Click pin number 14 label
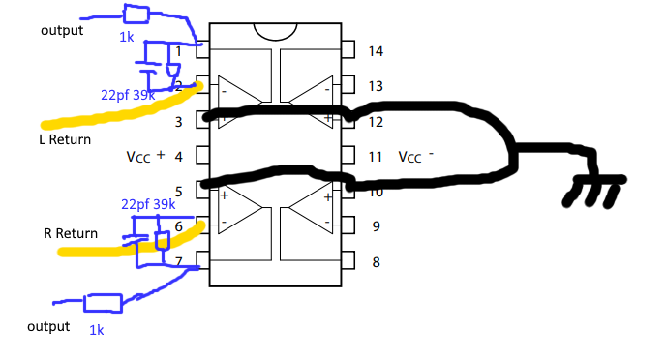(x=377, y=50)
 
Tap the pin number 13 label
(x=377, y=86)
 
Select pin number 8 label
(x=376, y=261)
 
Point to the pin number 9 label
(x=376, y=227)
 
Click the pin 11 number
(x=377, y=156)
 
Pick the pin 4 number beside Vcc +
(x=178, y=156)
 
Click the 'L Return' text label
(x=58, y=140)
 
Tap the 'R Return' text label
(x=71, y=233)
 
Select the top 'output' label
(x=62, y=30)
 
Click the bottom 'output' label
(x=48, y=326)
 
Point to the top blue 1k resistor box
(x=136, y=14)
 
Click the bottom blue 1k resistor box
(x=104, y=303)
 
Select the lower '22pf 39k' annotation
(x=148, y=204)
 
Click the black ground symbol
(x=595, y=190)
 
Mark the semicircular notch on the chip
(x=275, y=33)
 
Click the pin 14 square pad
(x=348, y=49)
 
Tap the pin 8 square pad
(x=348, y=261)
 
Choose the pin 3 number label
(x=178, y=121)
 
